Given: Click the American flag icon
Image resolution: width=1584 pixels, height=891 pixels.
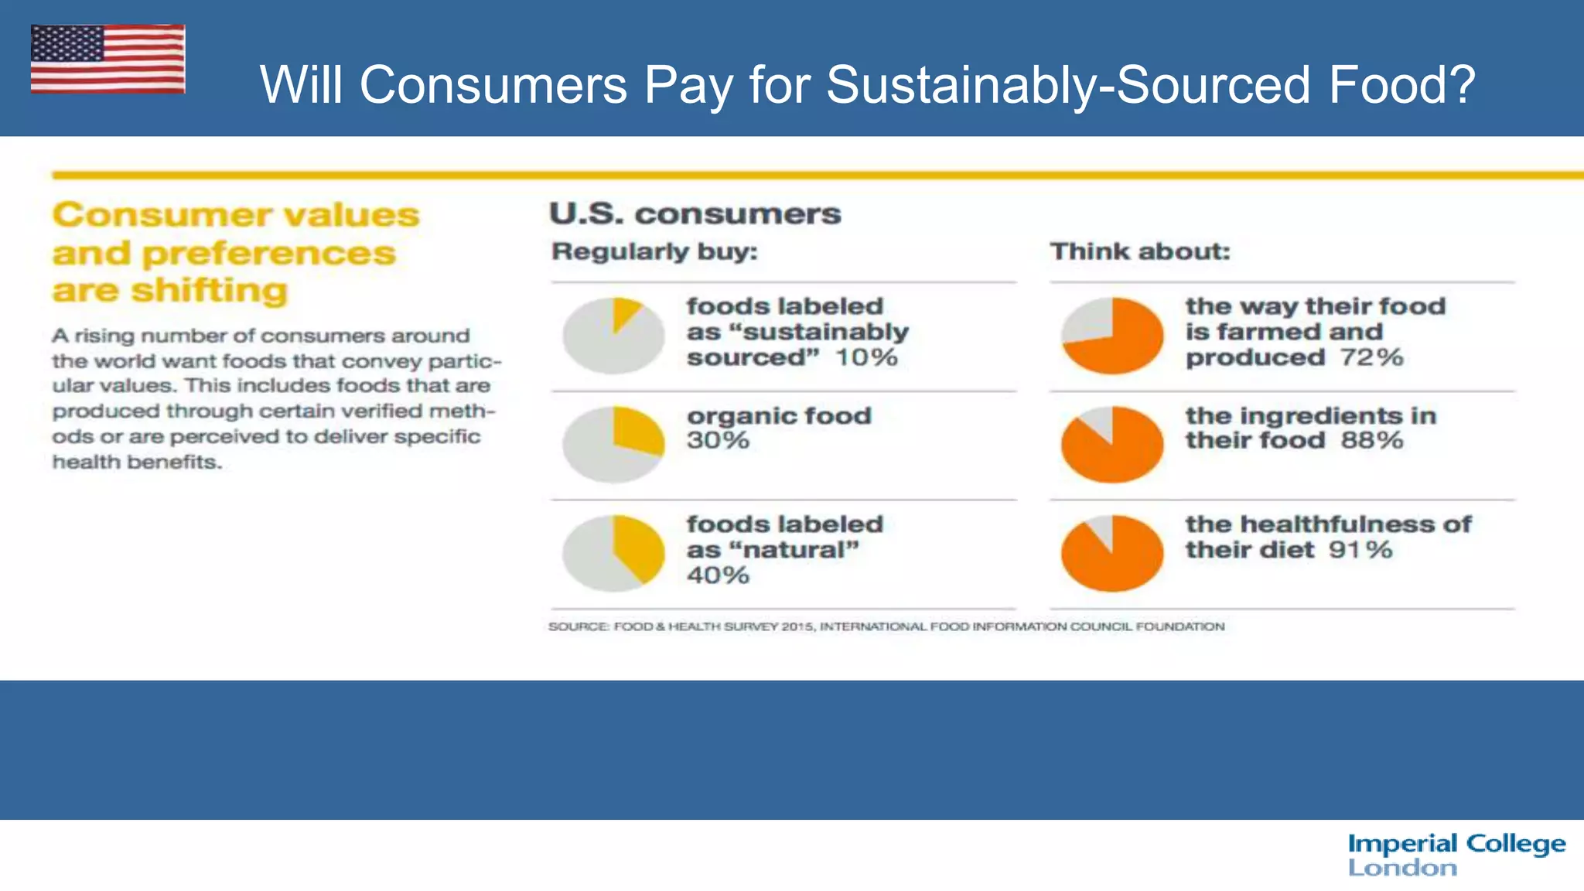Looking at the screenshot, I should [x=108, y=59].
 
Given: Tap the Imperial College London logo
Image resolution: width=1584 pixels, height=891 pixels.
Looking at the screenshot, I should [x=1456, y=855].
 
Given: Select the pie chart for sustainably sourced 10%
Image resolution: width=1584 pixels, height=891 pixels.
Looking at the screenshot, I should [x=613, y=336].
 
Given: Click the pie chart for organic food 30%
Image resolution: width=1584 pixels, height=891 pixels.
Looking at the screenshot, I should [x=613, y=445].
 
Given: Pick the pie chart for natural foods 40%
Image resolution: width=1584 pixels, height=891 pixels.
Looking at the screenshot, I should [x=613, y=553].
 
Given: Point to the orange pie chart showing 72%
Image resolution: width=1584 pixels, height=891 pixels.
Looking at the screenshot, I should [x=1112, y=336].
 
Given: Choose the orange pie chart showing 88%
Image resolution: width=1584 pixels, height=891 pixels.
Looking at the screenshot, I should [x=1112, y=445].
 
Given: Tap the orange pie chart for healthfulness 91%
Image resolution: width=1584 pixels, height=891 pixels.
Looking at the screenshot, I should [x=1112, y=553].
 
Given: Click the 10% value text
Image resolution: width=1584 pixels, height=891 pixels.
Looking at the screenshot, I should [x=866, y=358].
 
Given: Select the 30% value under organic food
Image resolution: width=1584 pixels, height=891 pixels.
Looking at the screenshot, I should [x=718, y=441].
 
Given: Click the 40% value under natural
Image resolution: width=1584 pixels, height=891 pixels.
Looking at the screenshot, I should [x=718, y=575].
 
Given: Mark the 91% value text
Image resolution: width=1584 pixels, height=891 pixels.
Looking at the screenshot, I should [x=1360, y=550].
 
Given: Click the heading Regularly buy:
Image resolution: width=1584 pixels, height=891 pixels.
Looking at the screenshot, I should [x=654, y=251].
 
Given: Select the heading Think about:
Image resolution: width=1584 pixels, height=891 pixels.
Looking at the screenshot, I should [x=1139, y=251].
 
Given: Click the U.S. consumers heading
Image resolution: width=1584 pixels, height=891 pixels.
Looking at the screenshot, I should [x=695, y=213].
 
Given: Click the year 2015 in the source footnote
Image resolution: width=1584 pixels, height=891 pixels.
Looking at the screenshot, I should [x=797, y=626].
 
